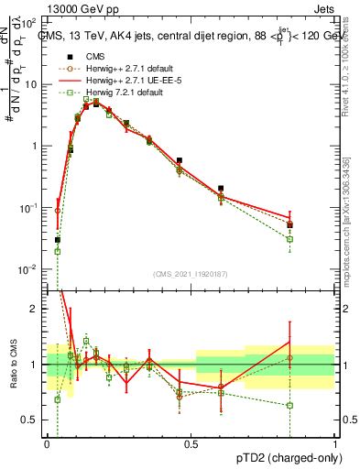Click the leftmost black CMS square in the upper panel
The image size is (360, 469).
click(x=57, y=240)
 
